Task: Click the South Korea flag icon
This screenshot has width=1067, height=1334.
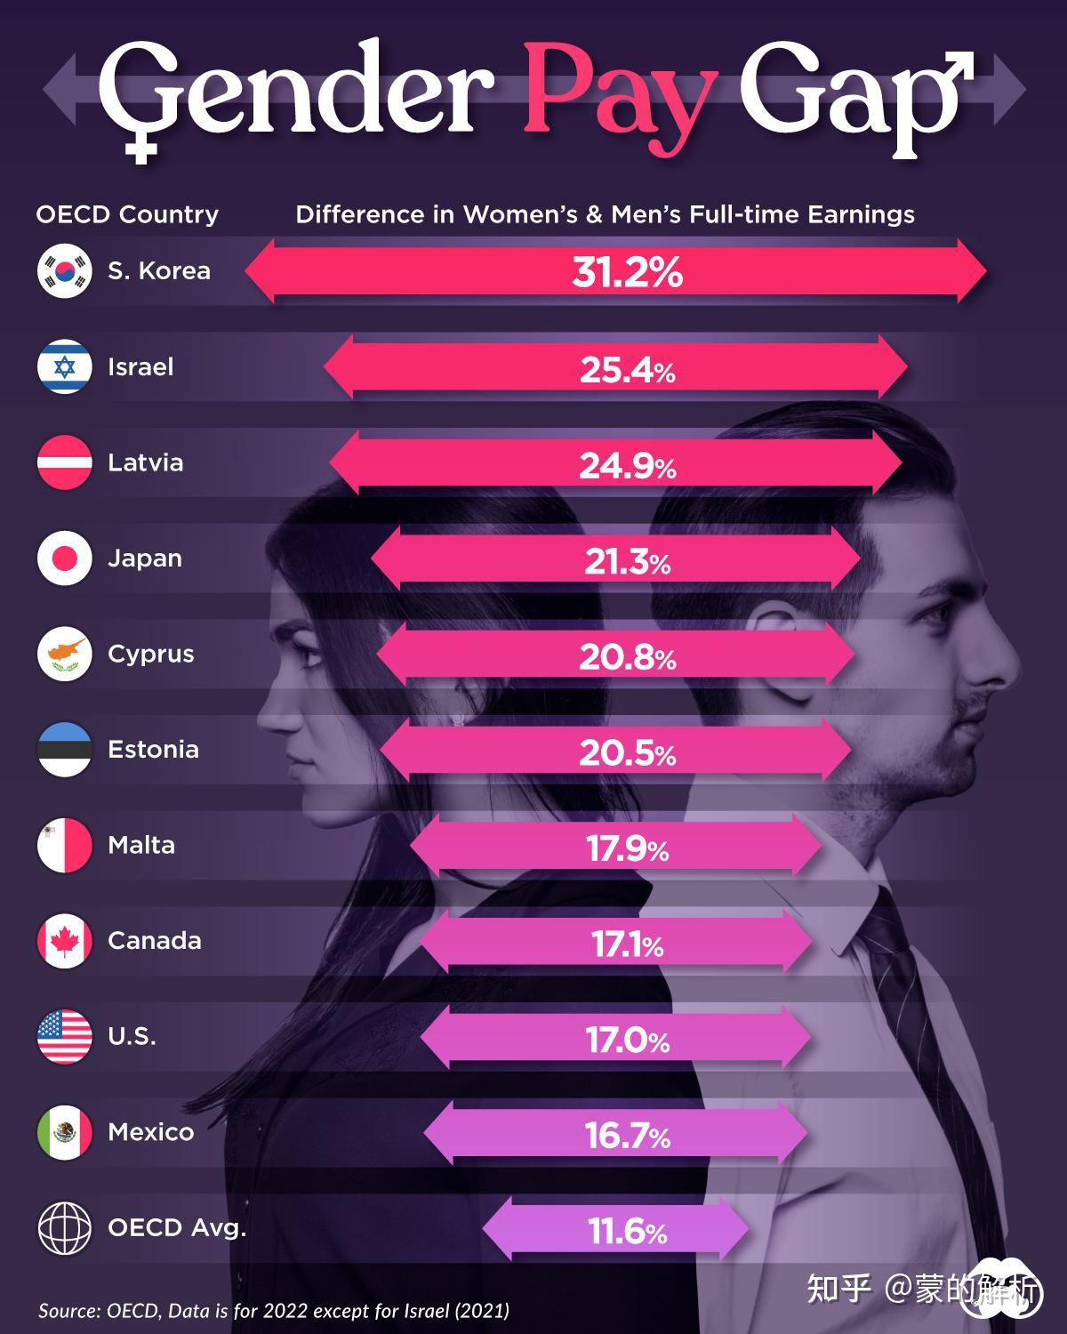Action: point(65,271)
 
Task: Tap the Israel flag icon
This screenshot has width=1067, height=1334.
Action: point(65,366)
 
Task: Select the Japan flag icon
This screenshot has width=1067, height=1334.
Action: point(65,558)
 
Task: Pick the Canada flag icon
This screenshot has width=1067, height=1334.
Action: point(65,940)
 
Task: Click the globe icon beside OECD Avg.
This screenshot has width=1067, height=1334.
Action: point(65,1227)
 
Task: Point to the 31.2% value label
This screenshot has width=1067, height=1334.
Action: point(627,272)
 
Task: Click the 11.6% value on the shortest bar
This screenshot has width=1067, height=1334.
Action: point(627,1232)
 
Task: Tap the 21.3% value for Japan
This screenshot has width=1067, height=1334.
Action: point(627,562)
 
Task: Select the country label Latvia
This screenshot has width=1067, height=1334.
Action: point(145,462)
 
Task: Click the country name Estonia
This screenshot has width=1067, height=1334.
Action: point(153,749)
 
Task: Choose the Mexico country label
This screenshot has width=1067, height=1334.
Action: point(150,1131)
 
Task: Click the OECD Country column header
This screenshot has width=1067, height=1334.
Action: point(127,214)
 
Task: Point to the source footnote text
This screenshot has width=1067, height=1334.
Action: point(274,1310)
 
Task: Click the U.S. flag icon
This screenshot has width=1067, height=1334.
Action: point(65,1036)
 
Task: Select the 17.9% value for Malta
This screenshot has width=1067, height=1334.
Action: point(627,849)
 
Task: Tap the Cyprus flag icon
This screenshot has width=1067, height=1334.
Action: point(65,654)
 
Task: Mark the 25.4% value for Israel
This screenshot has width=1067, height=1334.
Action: point(627,369)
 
